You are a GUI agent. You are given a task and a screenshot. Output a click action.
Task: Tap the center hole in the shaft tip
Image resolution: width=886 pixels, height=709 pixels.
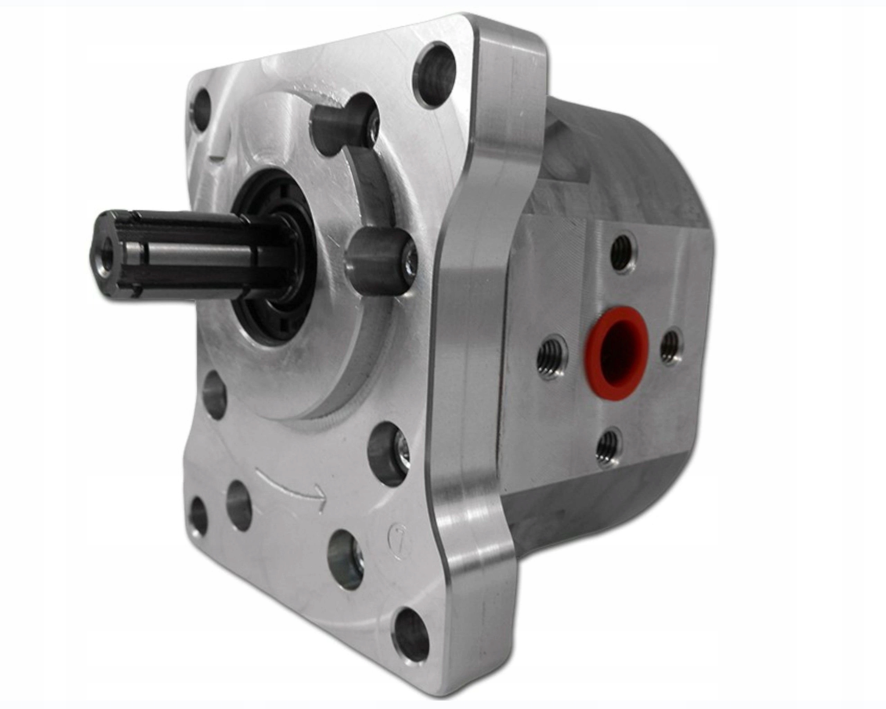tap(102, 268)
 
